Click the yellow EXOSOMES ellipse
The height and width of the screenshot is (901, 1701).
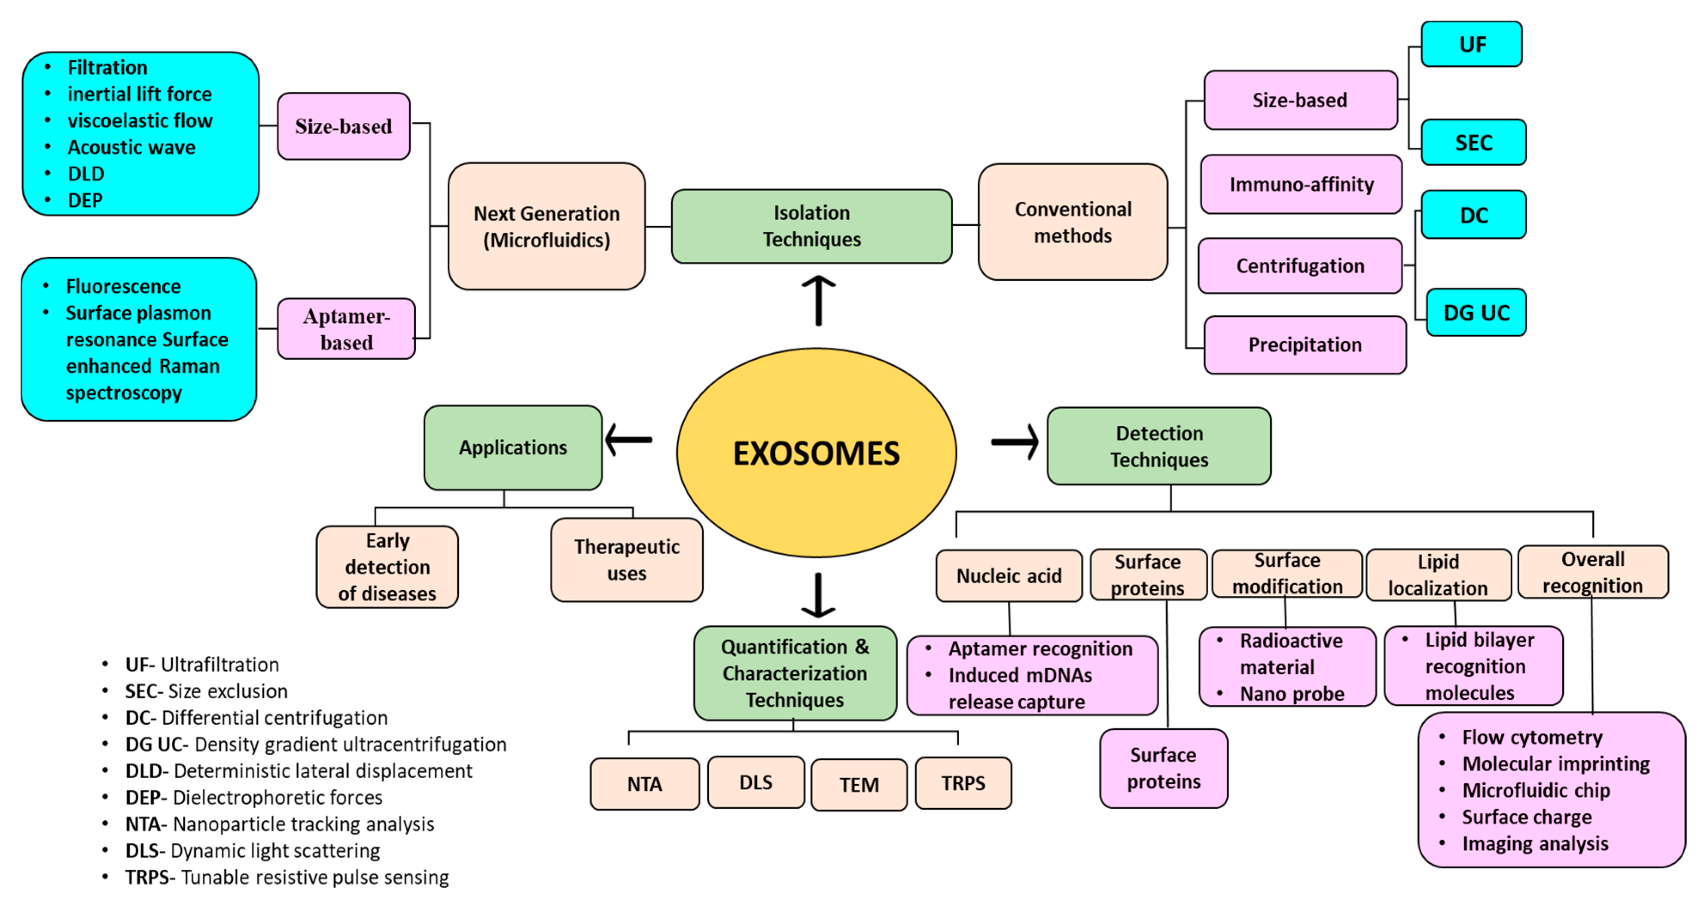(816, 453)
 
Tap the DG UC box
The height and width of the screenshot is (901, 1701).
(1476, 312)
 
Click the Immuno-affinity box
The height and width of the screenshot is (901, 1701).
(1301, 184)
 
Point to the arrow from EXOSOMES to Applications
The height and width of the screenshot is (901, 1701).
(628, 440)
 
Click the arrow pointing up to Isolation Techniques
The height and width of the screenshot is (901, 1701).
(818, 301)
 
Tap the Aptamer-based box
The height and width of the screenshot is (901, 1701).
(346, 329)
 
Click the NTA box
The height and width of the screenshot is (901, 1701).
(644, 783)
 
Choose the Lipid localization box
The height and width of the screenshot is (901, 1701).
(1438, 575)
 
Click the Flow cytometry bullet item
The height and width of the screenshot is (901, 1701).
(1531, 737)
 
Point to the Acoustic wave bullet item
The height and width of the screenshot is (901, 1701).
(131, 147)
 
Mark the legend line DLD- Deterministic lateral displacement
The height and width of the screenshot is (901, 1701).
(299, 771)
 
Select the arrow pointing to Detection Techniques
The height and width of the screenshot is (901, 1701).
(1014, 442)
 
